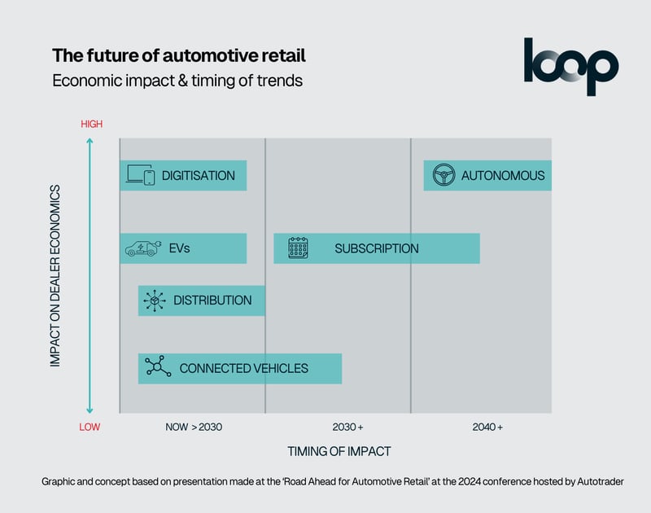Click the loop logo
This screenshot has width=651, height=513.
pyautogui.click(x=570, y=66)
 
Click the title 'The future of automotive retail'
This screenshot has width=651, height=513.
pyautogui.click(x=179, y=56)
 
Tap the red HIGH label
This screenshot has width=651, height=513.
pyautogui.click(x=91, y=125)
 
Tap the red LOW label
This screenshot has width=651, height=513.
pyautogui.click(x=90, y=427)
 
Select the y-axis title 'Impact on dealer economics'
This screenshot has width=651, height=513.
pyautogui.click(x=55, y=276)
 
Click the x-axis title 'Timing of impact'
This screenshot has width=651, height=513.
pyautogui.click(x=339, y=451)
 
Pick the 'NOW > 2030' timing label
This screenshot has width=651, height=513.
pyautogui.click(x=194, y=427)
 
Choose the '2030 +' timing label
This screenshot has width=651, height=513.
pyautogui.click(x=347, y=427)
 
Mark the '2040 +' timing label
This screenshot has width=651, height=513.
pyautogui.click(x=487, y=427)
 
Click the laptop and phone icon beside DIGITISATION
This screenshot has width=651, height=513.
pyautogui.click(x=140, y=175)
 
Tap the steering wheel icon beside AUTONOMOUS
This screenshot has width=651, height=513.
pyautogui.click(x=443, y=175)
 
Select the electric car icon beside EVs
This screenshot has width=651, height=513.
pyautogui.click(x=142, y=248)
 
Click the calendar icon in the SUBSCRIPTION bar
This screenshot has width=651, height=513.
pyautogui.click(x=298, y=248)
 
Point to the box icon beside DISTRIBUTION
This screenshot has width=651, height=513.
pyautogui.click(x=155, y=300)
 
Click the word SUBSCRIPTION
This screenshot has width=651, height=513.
pyautogui.click(x=376, y=248)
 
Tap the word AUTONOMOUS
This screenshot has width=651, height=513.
pyautogui.click(x=502, y=175)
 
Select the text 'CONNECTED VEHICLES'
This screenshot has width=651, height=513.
pyautogui.click(x=243, y=368)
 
